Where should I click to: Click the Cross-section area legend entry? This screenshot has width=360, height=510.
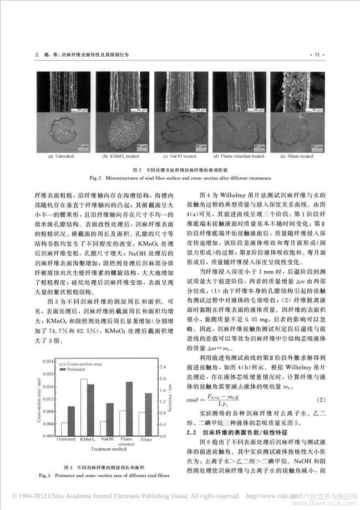tap(91, 363)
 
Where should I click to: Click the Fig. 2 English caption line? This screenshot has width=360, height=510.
tap(179, 178)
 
